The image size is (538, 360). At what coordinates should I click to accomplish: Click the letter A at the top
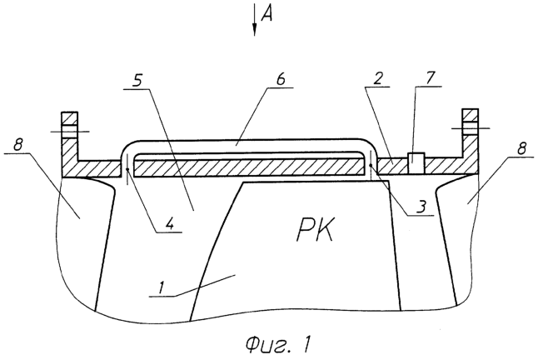click(267, 15)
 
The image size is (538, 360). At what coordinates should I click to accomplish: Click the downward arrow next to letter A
click(255, 19)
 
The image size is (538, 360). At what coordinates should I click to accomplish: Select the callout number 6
click(281, 79)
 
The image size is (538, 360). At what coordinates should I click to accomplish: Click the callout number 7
click(431, 77)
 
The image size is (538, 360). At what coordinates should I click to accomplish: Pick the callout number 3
click(421, 207)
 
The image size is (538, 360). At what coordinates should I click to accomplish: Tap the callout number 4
click(171, 224)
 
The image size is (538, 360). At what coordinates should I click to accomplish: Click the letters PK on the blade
click(316, 232)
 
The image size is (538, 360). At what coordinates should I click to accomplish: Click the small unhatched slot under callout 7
click(416, 163)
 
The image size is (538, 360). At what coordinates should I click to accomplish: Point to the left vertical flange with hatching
click(70, 144)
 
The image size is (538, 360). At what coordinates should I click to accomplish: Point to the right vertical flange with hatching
click(470, 142)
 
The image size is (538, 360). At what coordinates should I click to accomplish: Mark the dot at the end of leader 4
click(127, 169)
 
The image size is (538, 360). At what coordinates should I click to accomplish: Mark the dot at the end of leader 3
click(371, 165)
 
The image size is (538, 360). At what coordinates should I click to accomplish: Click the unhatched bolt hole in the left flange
click(70, 132)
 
